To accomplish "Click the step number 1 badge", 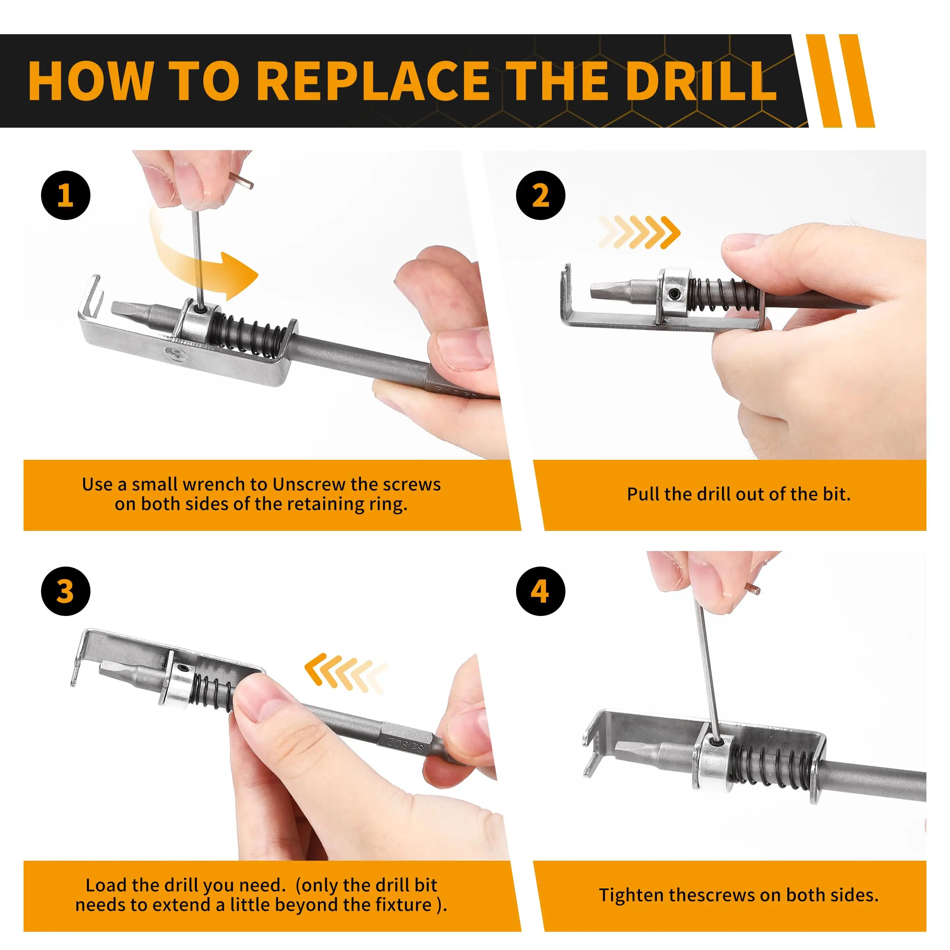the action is (x=65, y=195).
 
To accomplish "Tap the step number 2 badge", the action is (x=540, y=195).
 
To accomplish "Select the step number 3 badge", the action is (x=65, y=591).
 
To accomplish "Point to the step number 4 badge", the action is (x=540, y=591).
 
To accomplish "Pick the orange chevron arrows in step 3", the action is (x=346, y=673).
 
